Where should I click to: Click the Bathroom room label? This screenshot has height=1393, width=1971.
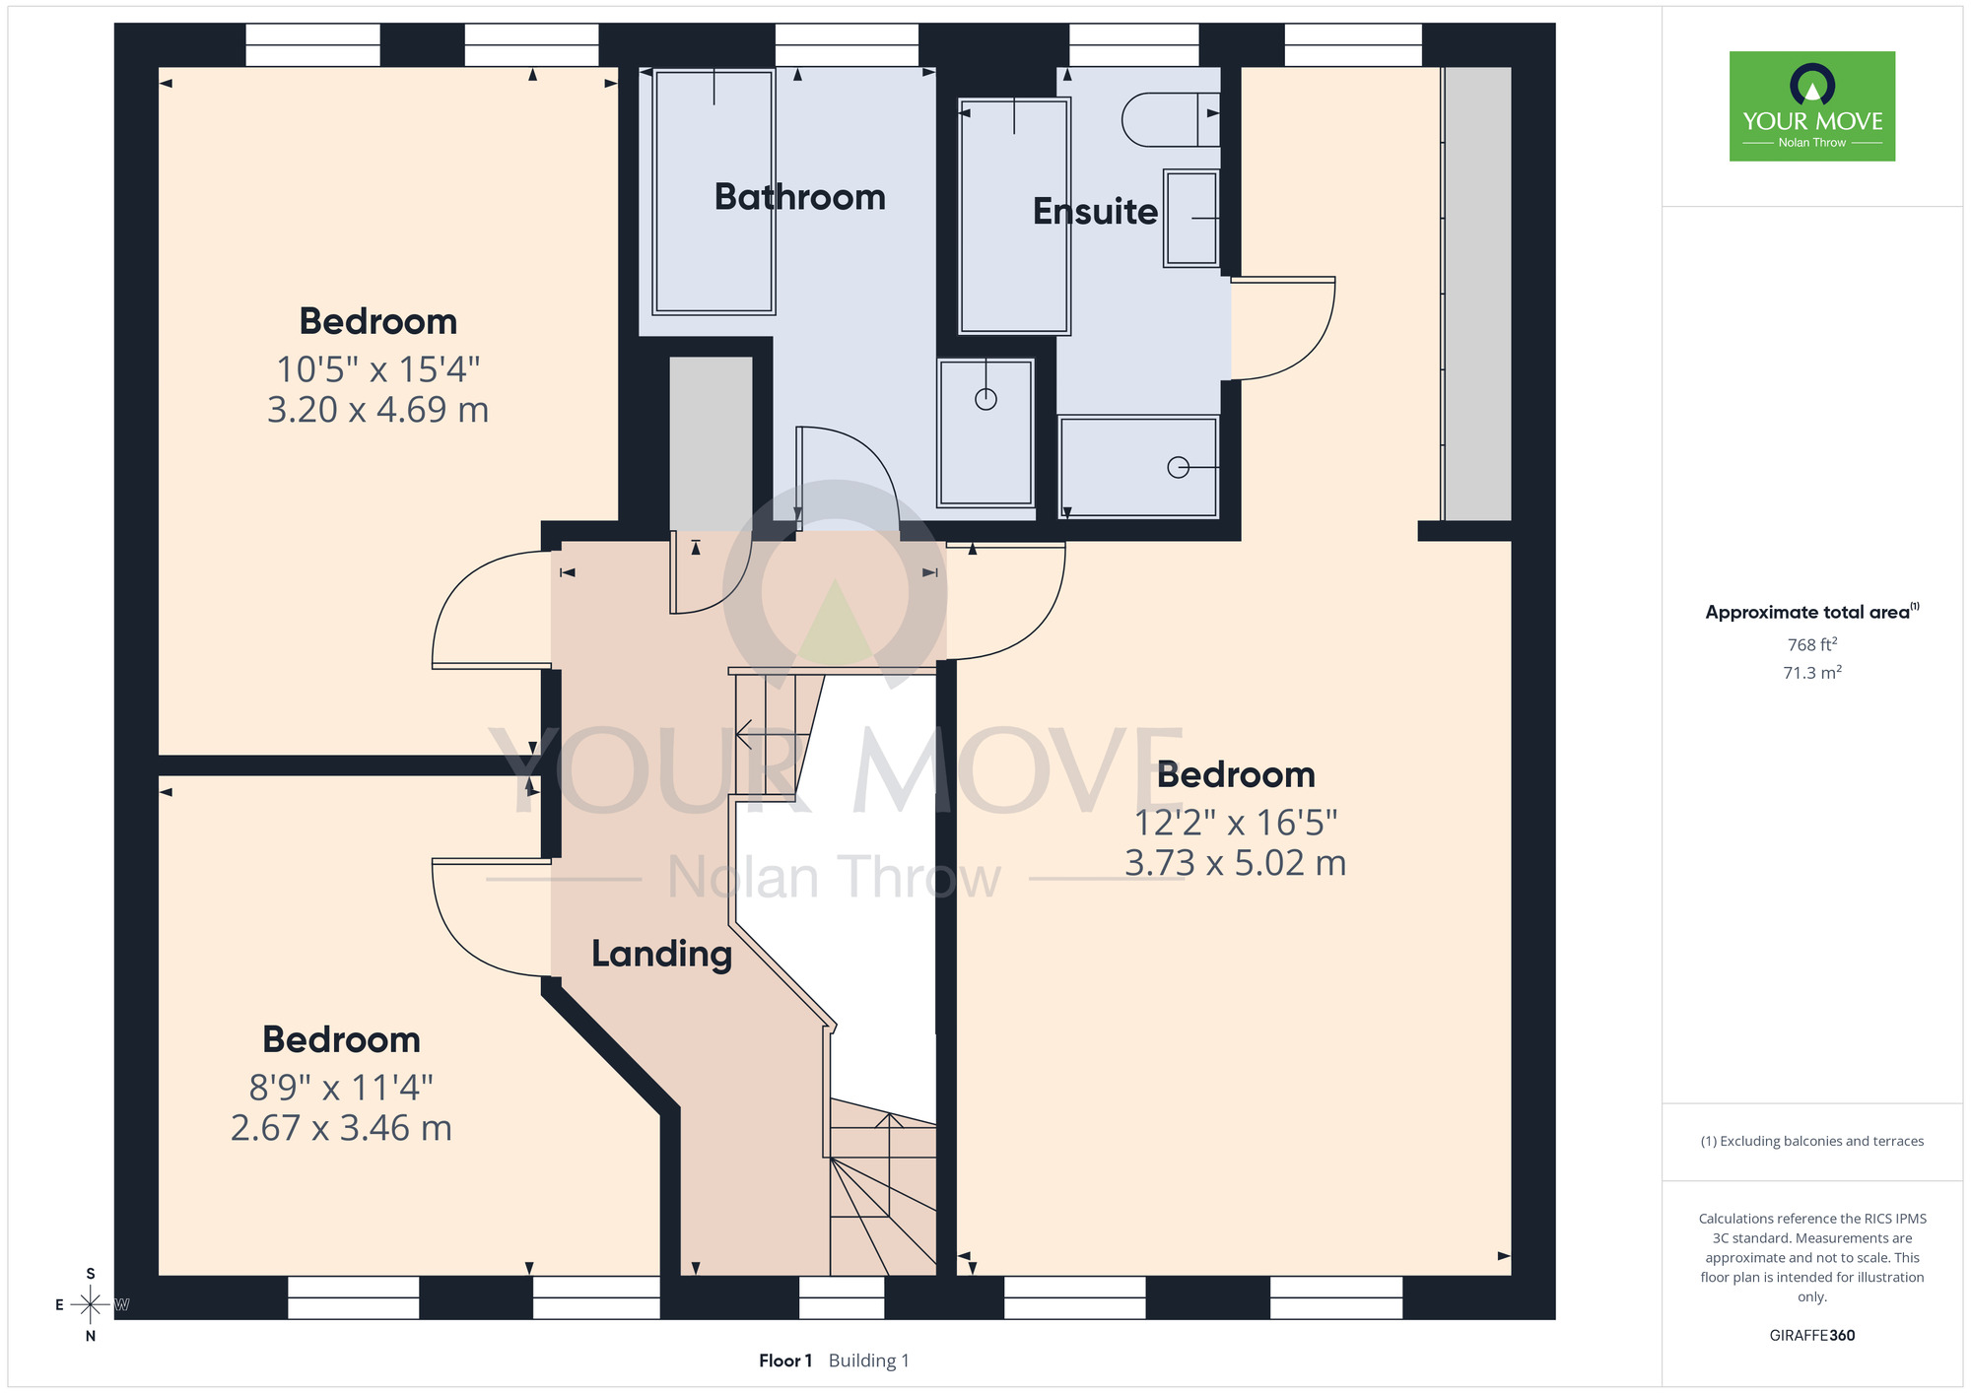799,197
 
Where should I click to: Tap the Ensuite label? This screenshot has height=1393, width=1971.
1095,211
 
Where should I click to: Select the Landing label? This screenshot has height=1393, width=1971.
661,954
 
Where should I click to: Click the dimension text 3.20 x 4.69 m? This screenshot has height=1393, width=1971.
378,410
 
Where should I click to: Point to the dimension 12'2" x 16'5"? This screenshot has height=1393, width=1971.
1236,822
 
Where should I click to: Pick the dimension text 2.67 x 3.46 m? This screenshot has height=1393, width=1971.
341,1128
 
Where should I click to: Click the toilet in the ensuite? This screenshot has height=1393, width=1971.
1171,119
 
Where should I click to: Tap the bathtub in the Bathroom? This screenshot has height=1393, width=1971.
714,192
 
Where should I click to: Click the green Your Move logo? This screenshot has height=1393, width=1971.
1812,106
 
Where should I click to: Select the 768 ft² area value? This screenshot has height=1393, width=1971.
1812,644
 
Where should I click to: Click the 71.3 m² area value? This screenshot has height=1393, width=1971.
1812,673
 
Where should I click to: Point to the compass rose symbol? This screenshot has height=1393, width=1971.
91,1305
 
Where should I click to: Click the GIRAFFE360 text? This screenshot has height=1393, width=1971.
1812,1336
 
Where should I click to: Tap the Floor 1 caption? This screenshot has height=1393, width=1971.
785,1360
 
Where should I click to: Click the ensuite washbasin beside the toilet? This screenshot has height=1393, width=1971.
1191,218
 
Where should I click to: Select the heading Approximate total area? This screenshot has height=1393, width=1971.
1812,612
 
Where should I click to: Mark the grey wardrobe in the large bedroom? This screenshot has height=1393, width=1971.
1476,294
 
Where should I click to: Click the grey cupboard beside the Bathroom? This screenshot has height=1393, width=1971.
711,443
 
